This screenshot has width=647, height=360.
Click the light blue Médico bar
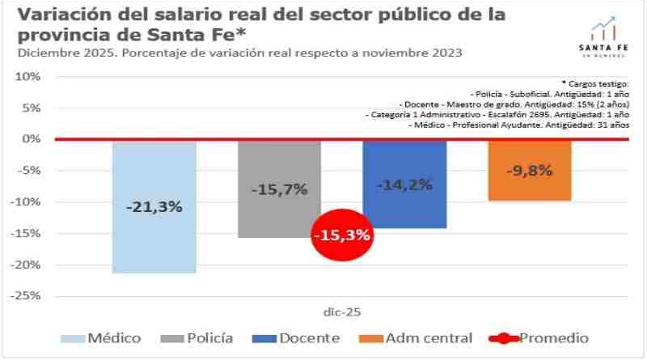tap(154, 243)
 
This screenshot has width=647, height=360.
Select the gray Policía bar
tap(279, 218)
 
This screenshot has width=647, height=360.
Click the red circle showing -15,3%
tap(341, 235)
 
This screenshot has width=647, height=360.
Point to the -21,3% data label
tap(154, 206)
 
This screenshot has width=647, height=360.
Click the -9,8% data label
tap(530, 171)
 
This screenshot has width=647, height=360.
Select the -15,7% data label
tap(279, 189)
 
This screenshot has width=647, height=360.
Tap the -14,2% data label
tap(404, 184)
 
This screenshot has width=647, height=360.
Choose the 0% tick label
tap(31, 139)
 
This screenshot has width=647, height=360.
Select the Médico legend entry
tap(100, 338)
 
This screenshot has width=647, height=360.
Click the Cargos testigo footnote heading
tap(594, 83)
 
